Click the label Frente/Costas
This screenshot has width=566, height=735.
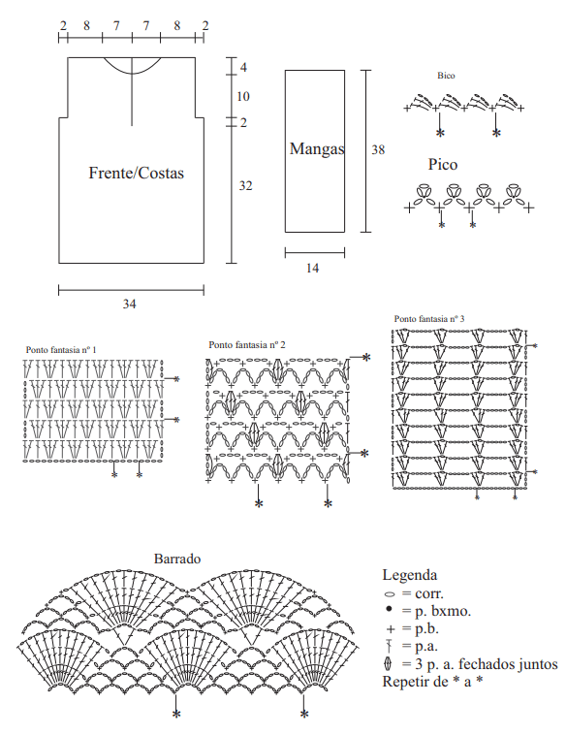(136, 173)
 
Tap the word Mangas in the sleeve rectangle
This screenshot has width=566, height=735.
(317, 149)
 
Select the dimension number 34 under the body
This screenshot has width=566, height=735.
(129, 304)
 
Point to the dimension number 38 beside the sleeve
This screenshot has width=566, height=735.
(378, 150)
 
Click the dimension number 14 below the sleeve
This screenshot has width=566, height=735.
(312, 269)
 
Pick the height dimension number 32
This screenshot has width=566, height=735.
(245, 186)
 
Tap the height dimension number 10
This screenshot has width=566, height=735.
(243, 97)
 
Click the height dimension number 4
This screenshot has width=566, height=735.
(243, 68)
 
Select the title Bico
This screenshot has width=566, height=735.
(446, 76)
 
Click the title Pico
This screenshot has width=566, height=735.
(443, 165)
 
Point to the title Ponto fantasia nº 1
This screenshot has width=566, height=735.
(61, 350)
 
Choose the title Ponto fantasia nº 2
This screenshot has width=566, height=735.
(247, 345)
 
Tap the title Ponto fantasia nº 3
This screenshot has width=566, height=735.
(429, 319)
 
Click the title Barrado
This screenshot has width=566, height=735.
(177, 559)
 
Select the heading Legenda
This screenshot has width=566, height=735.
(410, 575)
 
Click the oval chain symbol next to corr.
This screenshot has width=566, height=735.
(390, 594)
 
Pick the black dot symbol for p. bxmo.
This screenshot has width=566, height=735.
(389, 609)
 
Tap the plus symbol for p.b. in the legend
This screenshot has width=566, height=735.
(391, 629)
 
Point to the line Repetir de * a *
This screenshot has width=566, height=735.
(432, 682)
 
